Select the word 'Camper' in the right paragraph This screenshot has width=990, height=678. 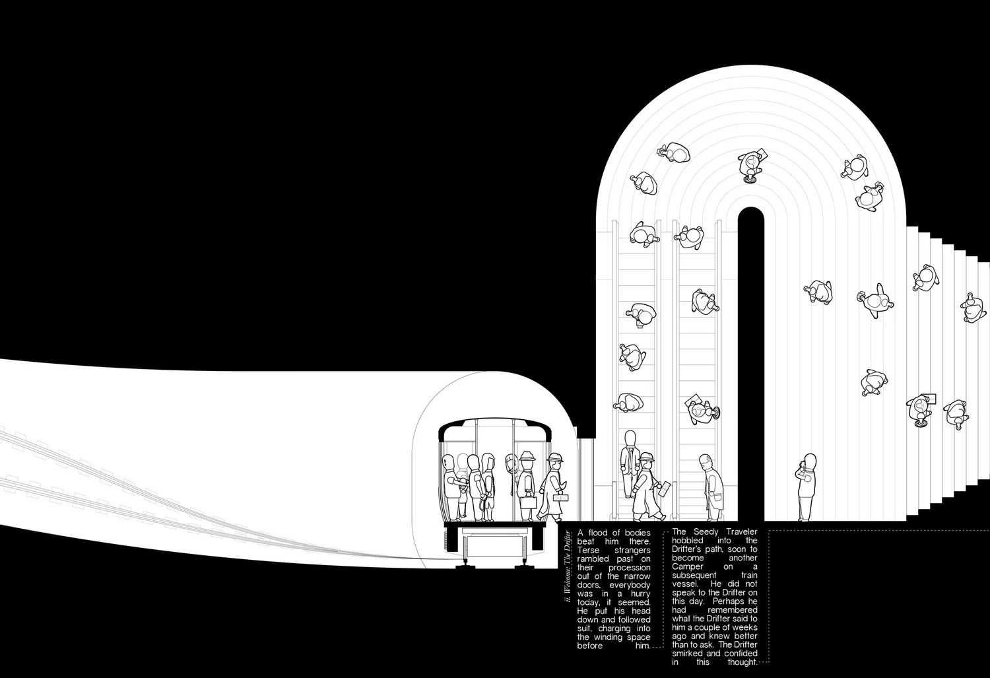(x=688, y=567)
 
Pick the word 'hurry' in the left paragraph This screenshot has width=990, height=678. (x=640, y=593)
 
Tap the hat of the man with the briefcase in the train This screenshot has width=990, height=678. (x=527, y=456)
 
